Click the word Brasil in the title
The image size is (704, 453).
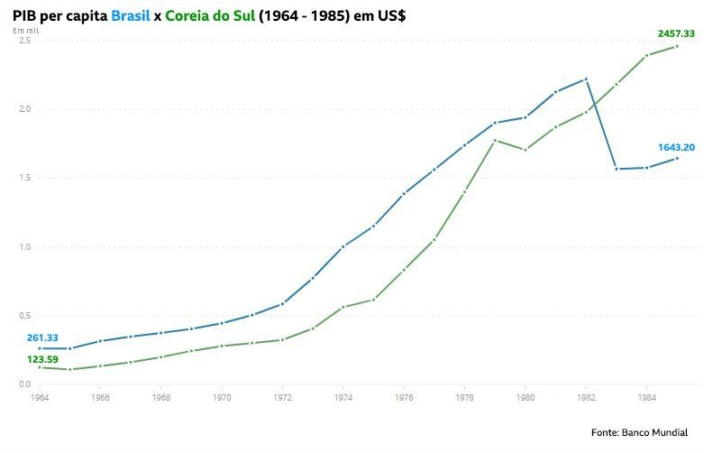point(131,15)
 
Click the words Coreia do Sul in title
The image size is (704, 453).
point(210,15)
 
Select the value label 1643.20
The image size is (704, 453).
point(675,147)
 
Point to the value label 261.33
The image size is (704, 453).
point(42,337)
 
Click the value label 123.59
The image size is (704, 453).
point(42,358)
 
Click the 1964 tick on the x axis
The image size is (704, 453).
point(40,397)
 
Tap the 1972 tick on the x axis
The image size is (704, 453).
point(282,397)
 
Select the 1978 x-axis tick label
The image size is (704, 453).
point(464,397)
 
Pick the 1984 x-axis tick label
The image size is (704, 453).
point(646,397)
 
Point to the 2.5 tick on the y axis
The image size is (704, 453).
point(24,41)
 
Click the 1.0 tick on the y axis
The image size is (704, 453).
point(24,246)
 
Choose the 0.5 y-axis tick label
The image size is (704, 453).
point(24,315)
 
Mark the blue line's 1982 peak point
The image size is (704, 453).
point(586,79)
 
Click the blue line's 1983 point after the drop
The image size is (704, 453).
point(617,169)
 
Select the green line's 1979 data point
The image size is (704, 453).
point(495,140)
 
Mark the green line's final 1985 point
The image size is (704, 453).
point(677,46)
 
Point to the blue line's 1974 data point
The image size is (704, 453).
point(343,246)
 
